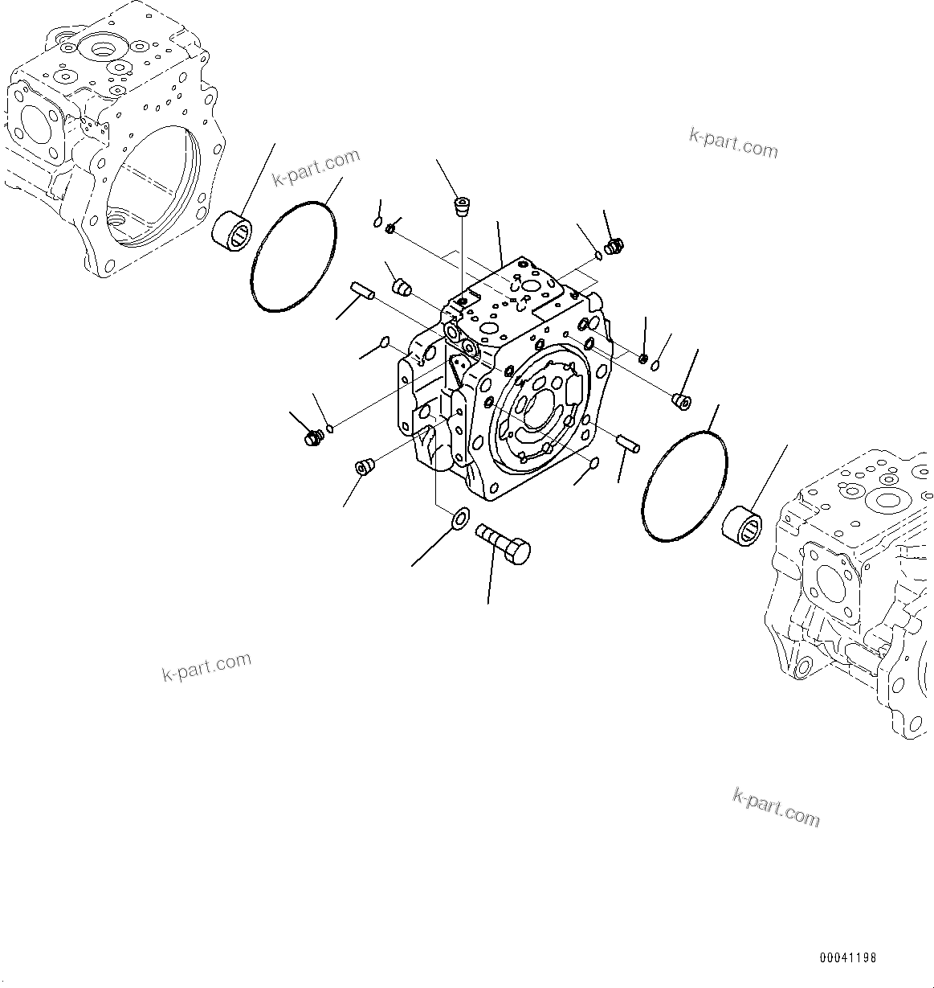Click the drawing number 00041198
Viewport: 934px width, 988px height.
click(848, 958)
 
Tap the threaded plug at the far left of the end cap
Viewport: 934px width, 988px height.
click(312, 438)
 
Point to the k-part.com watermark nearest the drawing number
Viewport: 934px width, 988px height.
click(776, 807)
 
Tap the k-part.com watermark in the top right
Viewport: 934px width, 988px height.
click(733, 142)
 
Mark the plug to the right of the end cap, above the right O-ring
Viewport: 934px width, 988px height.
click(682, 400)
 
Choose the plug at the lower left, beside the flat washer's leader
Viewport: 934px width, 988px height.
click(365, 467)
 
